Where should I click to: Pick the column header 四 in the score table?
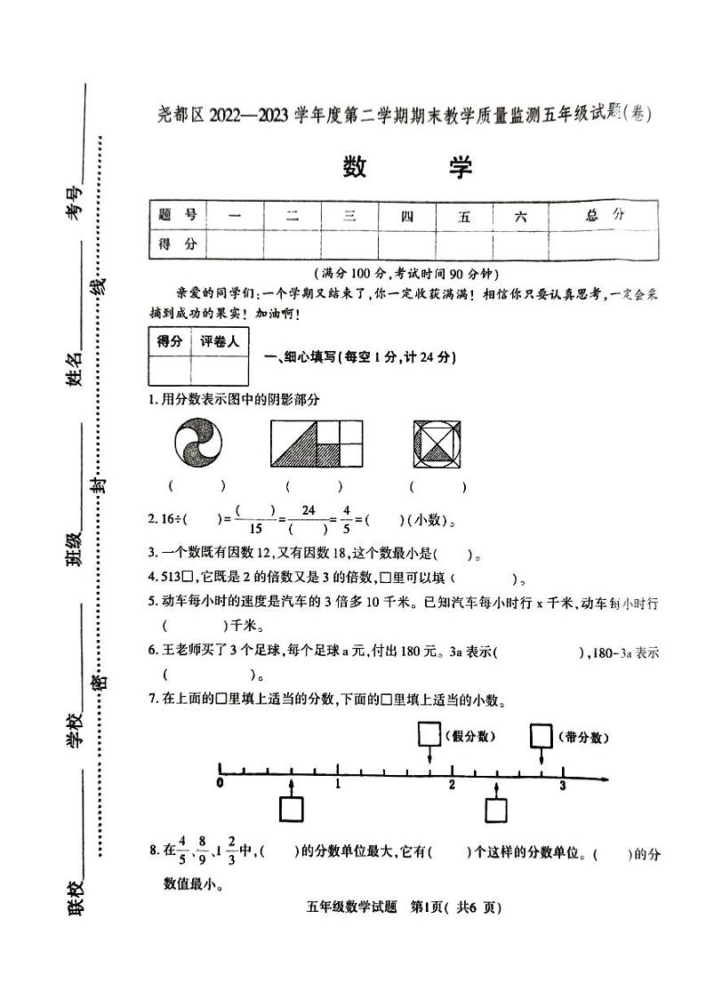[x=406, y=215]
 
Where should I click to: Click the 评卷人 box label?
[x=221, y=342]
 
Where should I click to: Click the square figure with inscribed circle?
[x=437, y=443]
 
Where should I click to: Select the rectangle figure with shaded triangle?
[x=317, y=443]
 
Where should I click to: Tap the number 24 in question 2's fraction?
[x=309, y=510]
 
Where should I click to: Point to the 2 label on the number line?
[x=452, y=785]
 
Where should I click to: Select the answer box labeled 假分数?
[x=429, y=735]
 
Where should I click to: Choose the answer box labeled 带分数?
[x=542, y=736]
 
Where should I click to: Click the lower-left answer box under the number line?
[x=292, y=810]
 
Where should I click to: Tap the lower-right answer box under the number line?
[x=497, y=810]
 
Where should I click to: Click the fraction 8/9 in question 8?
[x=203, y=853]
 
